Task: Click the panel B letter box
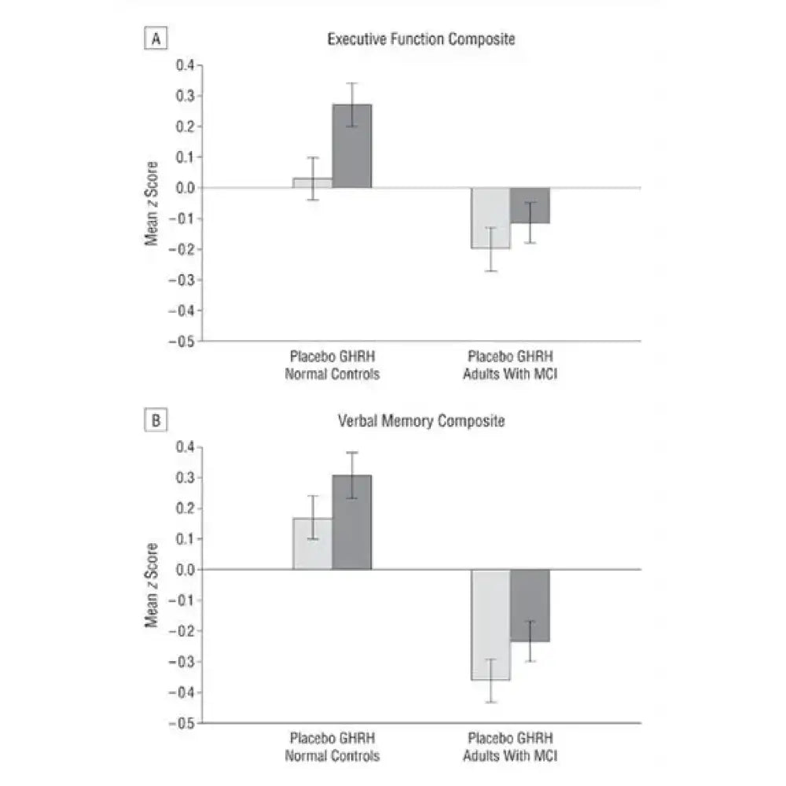pos(156,422)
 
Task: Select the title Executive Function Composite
pos(421,39)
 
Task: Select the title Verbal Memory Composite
pos(421,421)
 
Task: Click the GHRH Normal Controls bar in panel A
pos(351,146)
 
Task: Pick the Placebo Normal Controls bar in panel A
pos(313,183)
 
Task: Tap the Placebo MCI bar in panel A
pos(490,218)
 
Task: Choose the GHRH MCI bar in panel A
pos(530,205)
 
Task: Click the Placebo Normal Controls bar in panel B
pos(313,544)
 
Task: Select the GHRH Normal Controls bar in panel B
pos(351,523)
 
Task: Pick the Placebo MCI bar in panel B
pos(490,624)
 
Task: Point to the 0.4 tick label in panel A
pos(185,65)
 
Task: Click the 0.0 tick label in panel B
pos(185,570)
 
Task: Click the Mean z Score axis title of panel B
pos(152,585)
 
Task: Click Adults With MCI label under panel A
pos(510,374)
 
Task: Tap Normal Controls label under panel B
pos(332,755)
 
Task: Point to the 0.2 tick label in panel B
pos(185,509)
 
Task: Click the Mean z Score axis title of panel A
pos(152,203)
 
